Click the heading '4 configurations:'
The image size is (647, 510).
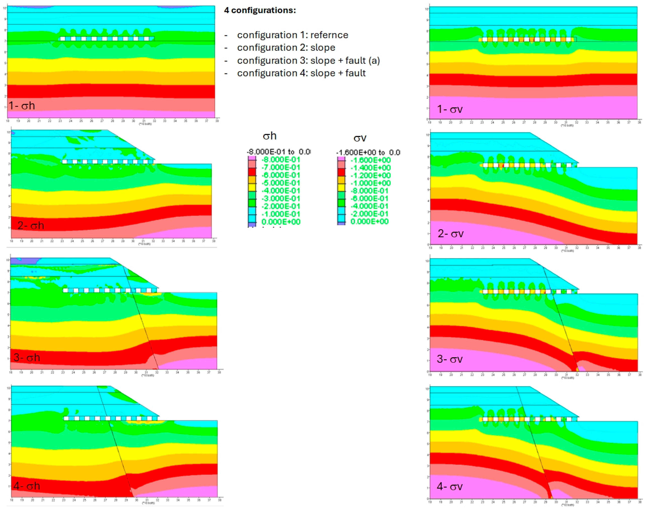(x=260, y=10)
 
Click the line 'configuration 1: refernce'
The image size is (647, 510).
(x=293, y=35)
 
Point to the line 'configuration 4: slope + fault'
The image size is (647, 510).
(x=301, y=73)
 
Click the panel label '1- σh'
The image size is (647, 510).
(x=22, y=106)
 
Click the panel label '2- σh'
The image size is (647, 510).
(x=31, y=225)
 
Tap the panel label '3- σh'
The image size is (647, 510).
(x=27, y=357)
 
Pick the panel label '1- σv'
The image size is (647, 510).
(x=450, y=109)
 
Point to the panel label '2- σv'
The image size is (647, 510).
(x=451, y=233)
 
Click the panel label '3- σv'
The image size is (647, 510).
(x=450, y=359)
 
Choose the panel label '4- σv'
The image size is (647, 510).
(x=450, y=486)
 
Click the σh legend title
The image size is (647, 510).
(x=270, y=136)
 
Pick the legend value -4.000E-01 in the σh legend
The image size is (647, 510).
(x=280, y=190)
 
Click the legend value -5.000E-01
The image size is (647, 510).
(x=280, y=183)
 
